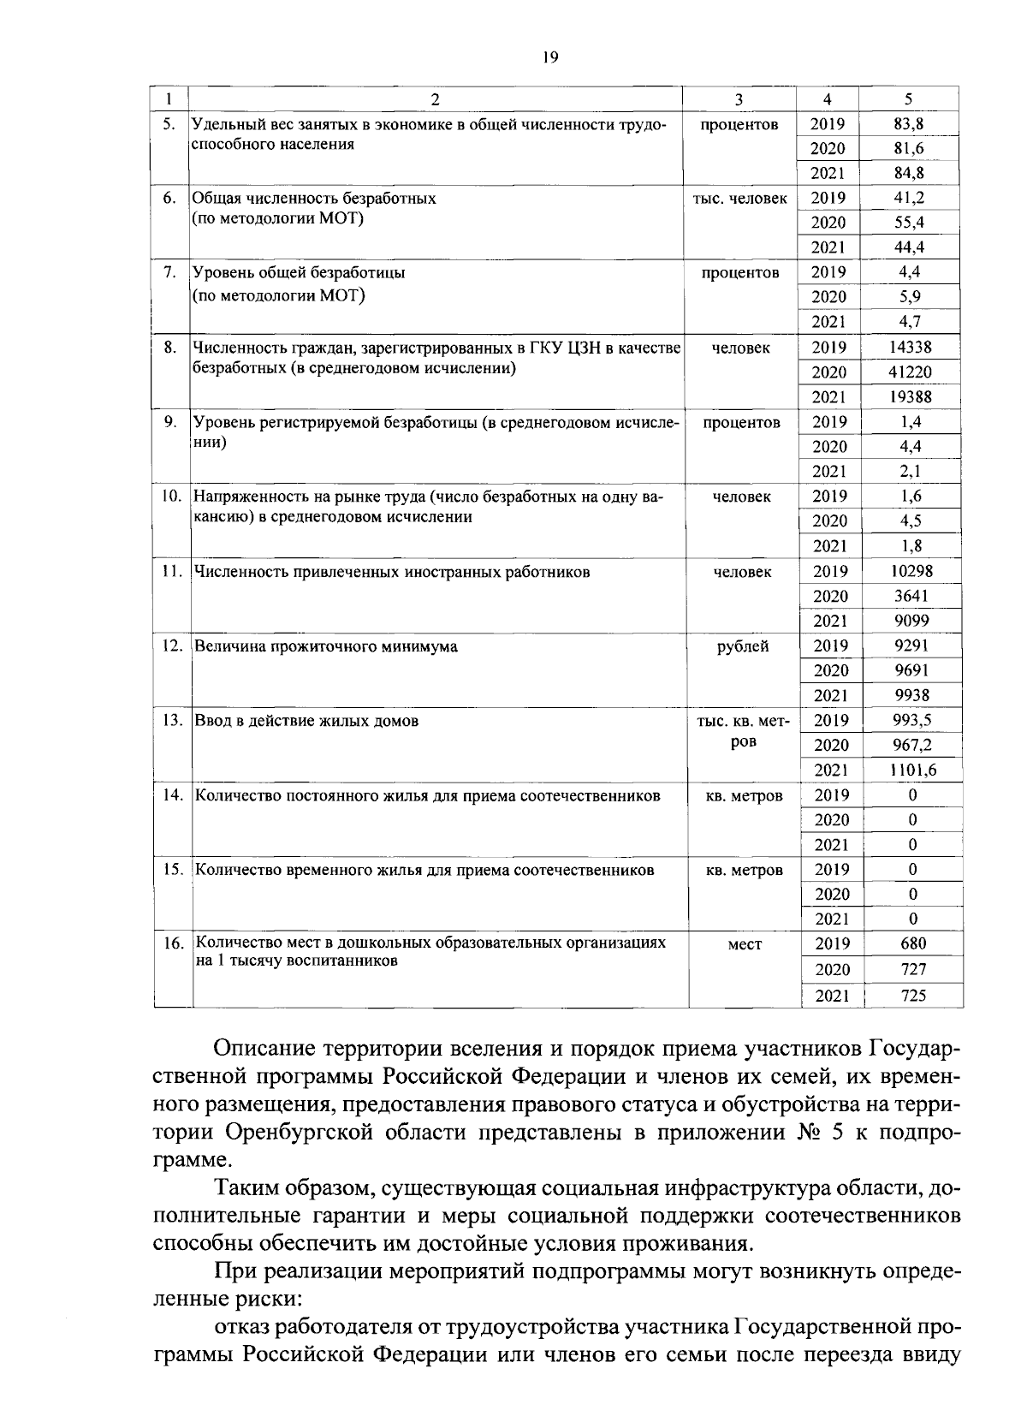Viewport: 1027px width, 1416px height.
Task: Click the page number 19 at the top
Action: pyautogui.click(x=549, y=57)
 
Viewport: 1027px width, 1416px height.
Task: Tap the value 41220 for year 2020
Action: pyautogui.click(x=910, y=372)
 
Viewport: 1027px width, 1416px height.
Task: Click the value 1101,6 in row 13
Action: pyautogui.click(x=913, y=770)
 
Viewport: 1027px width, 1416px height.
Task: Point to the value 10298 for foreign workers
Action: pyautogui.click(x=911, y=571)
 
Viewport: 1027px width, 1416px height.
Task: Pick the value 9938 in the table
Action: pyautogui.click(x=911, y=695)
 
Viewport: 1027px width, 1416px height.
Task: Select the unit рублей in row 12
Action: pyautogui.click(x=743, y=646)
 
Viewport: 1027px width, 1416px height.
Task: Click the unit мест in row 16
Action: pyautogui.click(x=744, y=944)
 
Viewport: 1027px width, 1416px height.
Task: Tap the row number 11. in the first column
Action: pyautogui.click(x=173, y=571)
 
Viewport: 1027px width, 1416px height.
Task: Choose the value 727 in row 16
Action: pyautogui.click(x=912, y=969)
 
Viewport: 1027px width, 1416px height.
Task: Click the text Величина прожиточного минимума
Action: pyautogui.click(x=326, y=646)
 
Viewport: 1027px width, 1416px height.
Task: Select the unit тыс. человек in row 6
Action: pyautogui.click(x=740, y=198)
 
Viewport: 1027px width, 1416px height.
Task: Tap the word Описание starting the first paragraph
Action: pyautogui.click(x=259, y=1048)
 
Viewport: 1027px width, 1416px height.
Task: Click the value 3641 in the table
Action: pyautogui.click(x=911, y=596)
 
